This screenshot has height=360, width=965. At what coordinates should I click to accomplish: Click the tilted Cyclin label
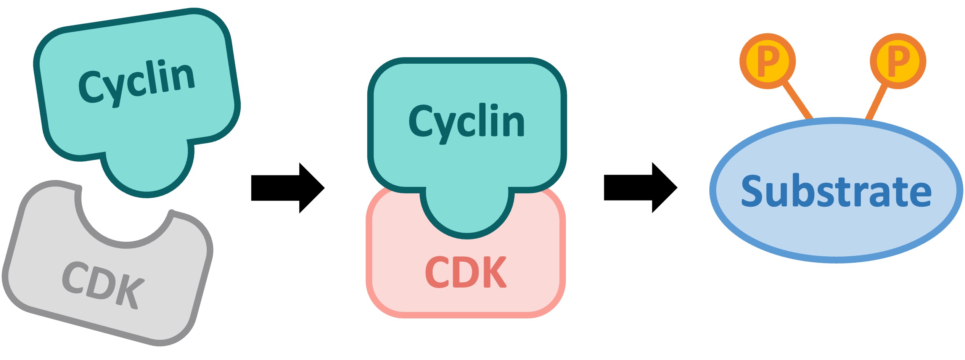point(137,82)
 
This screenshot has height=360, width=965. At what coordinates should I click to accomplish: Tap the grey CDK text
point(103,284)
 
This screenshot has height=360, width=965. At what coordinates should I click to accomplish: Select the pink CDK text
point(466,272)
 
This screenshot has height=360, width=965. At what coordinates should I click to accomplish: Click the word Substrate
point(836,191)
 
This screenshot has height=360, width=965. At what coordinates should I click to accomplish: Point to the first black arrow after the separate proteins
point(287,188)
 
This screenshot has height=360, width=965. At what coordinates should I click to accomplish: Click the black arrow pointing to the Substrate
point(640,188)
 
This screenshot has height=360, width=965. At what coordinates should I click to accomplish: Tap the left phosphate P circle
point(767,61)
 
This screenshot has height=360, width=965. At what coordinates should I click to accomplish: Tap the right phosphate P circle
point(898,61)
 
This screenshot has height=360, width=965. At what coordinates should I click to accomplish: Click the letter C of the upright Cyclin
point(420,121)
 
